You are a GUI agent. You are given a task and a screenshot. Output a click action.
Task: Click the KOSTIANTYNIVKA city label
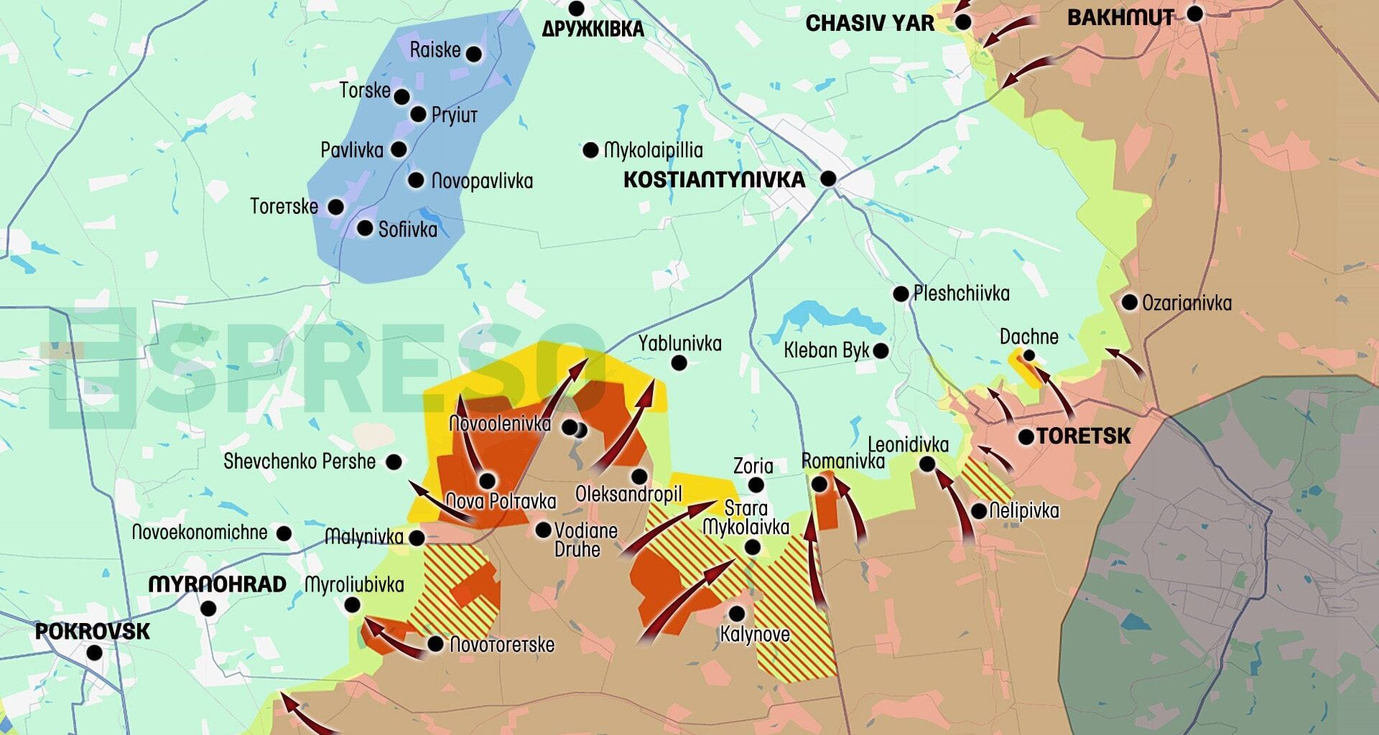pyautogui.click(x=713, y=179)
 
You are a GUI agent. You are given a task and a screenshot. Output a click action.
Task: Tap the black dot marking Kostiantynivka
pyautogui.click(x=828, y=178)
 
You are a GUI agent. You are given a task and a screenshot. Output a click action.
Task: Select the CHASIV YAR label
pyautogui.click(x=870, y=24)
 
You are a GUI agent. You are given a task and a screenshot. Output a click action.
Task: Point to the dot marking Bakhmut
pyautogui.click(x=1194, y=13)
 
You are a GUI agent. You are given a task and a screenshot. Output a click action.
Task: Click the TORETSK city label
pyautogui.click(x=1083, y=436)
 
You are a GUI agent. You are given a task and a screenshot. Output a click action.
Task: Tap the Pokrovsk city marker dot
pyautogui.click(x=94, y=652)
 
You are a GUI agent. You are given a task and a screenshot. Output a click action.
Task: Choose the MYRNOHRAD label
pyautogui.click(x=217, y=584)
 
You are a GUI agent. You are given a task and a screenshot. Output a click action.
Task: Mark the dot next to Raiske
pyautogui.click(x=473, y=53)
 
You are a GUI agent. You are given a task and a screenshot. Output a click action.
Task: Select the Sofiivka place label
pyautogui.click(x=407, y=229)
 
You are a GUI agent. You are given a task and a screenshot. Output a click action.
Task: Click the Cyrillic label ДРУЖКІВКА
pyautogui.click(x=593, y=29)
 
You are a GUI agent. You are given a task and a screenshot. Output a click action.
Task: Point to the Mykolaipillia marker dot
pyautogui.click(x=590, y=150)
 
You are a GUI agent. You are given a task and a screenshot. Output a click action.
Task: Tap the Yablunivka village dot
pyautogui.click(x=679, y=362)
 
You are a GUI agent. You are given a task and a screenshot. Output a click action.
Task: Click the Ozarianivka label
pyautogui.click(x=1187, y=303)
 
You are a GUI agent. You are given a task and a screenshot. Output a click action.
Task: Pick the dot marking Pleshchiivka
pyautogui.click(x=901, y=294)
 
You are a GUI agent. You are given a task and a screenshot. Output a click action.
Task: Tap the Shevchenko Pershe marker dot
pyautogui.click(x=394, y=462)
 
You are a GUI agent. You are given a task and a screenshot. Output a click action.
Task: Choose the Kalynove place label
pyautogui.click(x=754, y=635)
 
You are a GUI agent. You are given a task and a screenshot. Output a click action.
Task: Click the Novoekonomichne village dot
pyautogui.click(x=284, y=533)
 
